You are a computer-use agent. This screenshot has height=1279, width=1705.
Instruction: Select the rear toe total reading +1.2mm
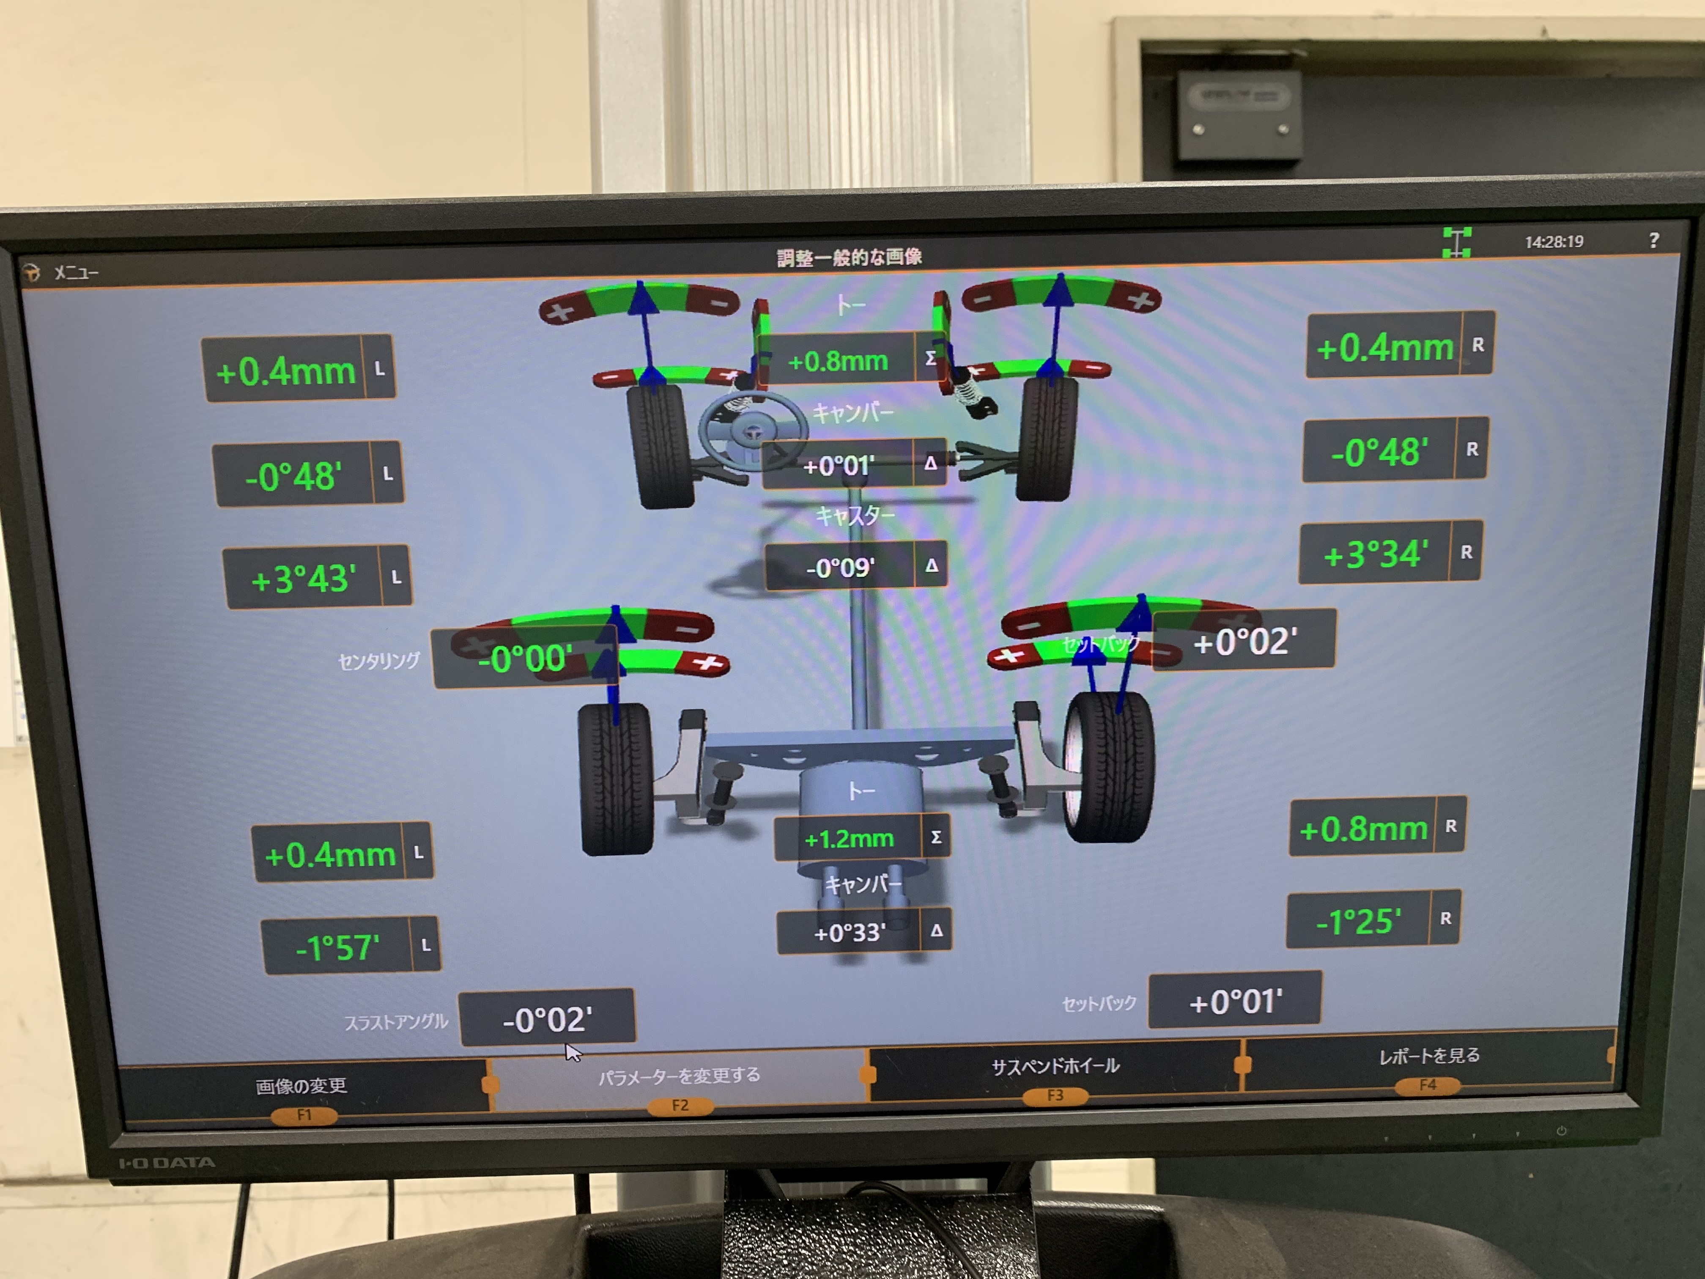pyautogui.click(x=849, y=838)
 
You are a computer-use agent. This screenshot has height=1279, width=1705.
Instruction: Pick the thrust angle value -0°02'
pyautogui.click(x=547, y=1019)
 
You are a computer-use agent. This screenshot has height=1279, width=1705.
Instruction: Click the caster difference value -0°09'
pyautogui.click(x=840, y=568)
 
